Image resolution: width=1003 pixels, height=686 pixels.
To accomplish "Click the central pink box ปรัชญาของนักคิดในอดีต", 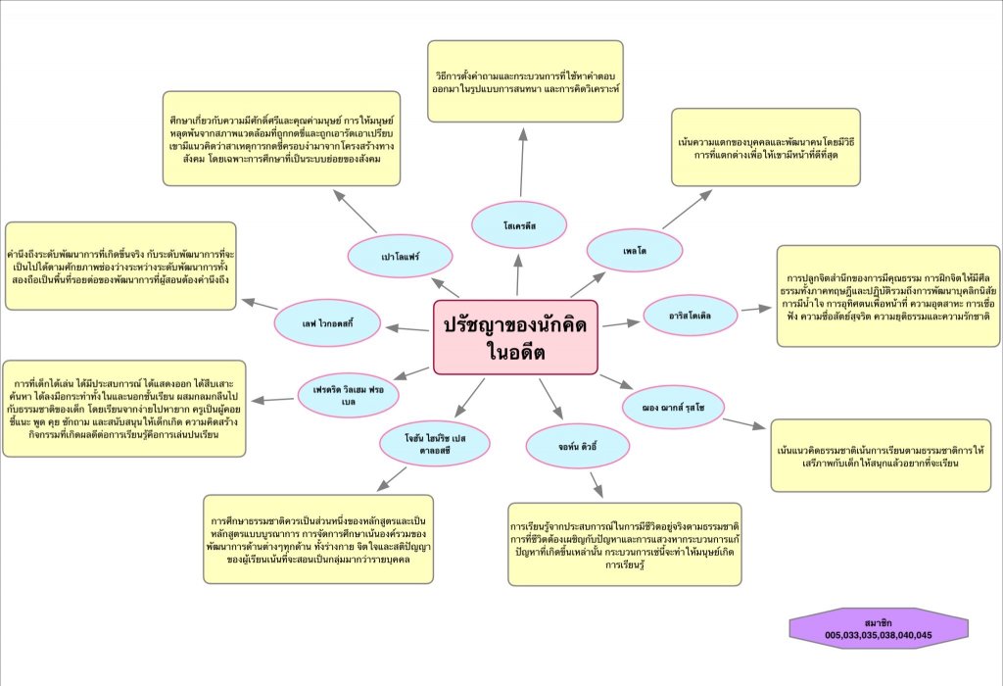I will [x=515, y=337].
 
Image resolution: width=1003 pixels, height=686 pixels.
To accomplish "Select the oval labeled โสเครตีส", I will [x=518, y=225].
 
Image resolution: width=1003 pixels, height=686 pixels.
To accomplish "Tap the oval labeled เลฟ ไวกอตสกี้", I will [x=327, y=318].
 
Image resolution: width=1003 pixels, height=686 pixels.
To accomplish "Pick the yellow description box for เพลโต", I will [x=751, y=146].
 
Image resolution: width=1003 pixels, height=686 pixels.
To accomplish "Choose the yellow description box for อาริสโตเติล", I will [x=888, y=296].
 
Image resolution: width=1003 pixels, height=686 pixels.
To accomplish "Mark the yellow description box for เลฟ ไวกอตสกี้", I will [x=120, y=266].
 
